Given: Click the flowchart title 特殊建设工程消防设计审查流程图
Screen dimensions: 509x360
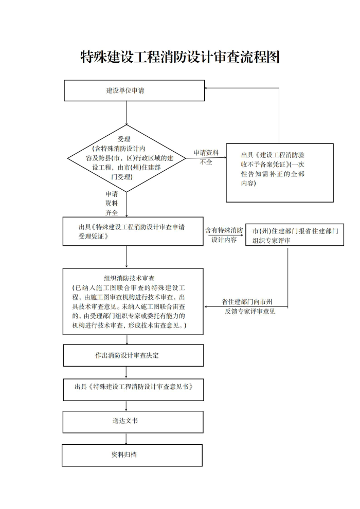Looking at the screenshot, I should [x=179, y=57].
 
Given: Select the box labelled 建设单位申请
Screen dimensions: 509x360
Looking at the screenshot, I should [x=134, y=90].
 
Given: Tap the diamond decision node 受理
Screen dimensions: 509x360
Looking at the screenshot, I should [x=127, y=158].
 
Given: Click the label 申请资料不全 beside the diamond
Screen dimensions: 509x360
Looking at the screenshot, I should [x=206, y=157].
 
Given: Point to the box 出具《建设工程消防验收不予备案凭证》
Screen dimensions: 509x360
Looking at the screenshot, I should [x=279, y=172].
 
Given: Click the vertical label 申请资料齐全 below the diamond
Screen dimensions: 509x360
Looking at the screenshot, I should [x=112, y=203].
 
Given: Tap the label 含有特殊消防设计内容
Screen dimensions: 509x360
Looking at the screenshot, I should [x=224, y=234].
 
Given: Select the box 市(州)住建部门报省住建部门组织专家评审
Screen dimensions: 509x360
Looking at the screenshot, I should [x=294, y=235].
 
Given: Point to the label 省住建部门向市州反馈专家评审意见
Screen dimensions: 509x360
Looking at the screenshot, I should [x=247, y=306].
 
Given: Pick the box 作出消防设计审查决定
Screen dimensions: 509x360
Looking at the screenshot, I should [x=133, y=355].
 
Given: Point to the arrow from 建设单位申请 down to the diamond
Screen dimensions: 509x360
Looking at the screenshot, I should [x=127, y=113].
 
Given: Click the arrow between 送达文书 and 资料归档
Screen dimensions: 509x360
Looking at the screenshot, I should [x=127, y=439].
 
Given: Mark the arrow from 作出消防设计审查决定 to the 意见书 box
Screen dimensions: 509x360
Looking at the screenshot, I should [x=127, y=372].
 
